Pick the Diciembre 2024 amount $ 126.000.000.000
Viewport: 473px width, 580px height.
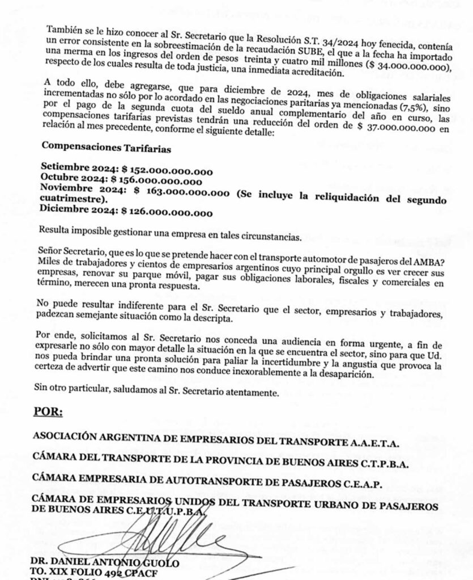click(168, 213)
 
